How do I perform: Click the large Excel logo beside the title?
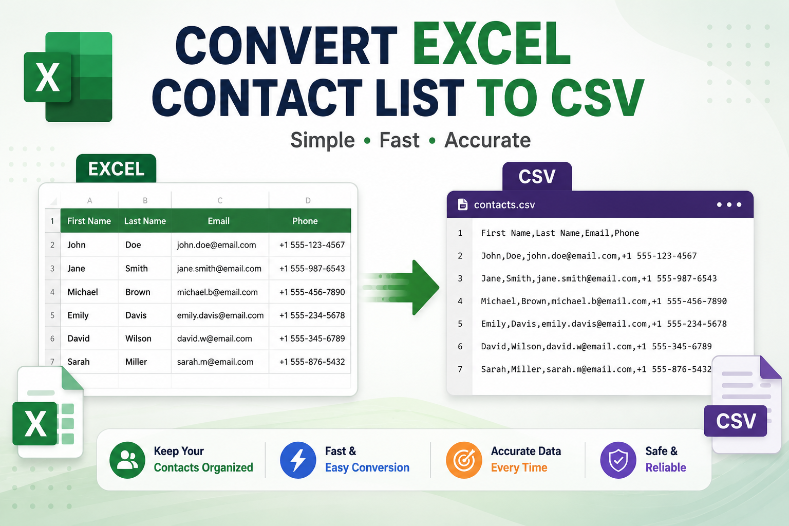[x=68, y=77]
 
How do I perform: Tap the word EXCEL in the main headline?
[x=492, y=43]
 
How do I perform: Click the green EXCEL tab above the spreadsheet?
[x=116, y=168]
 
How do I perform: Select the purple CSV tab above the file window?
[x=537, y=176]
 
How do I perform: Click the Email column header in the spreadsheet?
[x=219, y=221]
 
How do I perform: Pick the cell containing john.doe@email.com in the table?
[x=217, y=245]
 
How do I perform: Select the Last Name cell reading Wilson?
[x=138, y=339]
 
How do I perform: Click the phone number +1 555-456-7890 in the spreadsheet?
[x=312, y=292]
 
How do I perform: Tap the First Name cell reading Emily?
[x=78, y=315]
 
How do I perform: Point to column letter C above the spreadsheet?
[x=220, y=200]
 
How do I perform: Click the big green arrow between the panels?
[x=402, y=288]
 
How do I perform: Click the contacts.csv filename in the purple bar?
[x=504, y=204]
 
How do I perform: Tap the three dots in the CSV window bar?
[x=729, y=204]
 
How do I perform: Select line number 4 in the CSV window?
[x=460, y=301]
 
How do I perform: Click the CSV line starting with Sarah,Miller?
[x=596, y=369]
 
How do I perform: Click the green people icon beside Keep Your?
[x=127, y=460]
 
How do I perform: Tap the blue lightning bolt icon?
[x=298, y=460]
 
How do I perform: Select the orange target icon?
[x=464, y=460]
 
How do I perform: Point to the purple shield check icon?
[x=618, y=460]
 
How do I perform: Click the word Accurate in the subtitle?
[x=487, y=140]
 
